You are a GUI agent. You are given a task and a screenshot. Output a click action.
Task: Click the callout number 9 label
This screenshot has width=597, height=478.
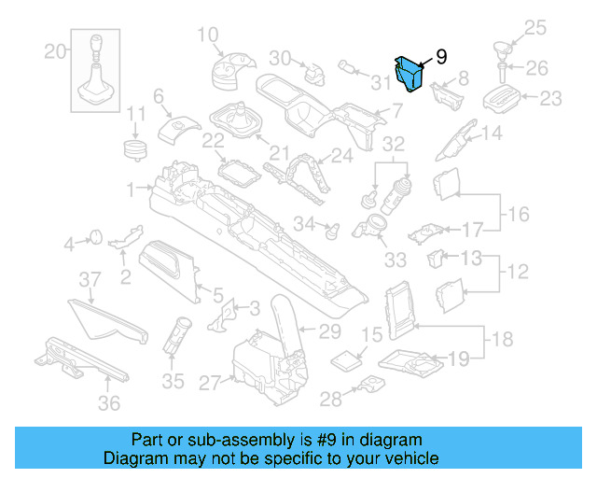tap(440, 57)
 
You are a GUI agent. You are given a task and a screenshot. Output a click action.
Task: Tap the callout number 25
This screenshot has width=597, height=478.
tap(535, 27)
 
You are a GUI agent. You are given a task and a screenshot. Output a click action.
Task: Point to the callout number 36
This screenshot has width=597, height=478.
tap(110, 403)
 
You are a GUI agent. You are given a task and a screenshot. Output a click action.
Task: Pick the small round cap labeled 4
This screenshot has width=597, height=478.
tap(94, 236)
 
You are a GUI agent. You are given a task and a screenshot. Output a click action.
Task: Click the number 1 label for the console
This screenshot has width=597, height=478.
tap(132, 187)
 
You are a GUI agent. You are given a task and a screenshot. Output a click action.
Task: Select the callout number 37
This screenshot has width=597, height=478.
tap(89, 280)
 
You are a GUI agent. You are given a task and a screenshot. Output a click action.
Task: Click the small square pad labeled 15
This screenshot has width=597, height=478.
tap(352, 359)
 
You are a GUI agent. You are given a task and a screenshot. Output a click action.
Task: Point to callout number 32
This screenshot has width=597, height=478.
tap(394, 145)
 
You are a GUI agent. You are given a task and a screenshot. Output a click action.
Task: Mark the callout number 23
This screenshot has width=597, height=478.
tap(551, 97)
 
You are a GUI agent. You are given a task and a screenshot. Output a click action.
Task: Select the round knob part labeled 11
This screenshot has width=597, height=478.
tap(137, 148)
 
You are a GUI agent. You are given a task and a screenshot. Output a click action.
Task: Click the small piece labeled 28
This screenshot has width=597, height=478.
tap(371, 384)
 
